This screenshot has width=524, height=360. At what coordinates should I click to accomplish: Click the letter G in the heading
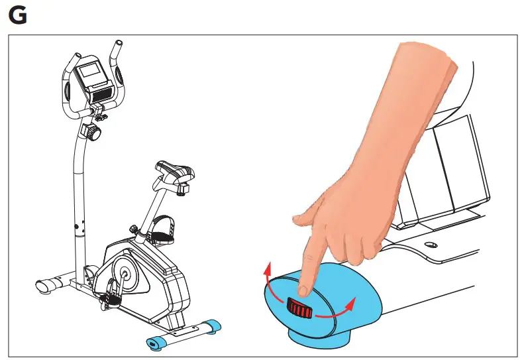coord(18,15)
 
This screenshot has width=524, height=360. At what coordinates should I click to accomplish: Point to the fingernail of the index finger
coord(303,289)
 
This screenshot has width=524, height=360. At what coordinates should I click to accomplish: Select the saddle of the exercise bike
coord(173,173)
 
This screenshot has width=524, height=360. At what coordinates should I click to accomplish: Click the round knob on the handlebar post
coord(95,134)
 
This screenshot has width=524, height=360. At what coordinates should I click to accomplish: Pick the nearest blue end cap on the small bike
coord(155,342)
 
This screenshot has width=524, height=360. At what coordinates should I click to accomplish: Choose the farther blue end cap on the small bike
coord(211,326)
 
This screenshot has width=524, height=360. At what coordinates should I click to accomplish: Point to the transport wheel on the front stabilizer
coord(43,285)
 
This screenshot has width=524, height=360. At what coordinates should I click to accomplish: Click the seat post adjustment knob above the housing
coord(136,229)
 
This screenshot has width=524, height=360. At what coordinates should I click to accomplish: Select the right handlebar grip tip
coord(117,47)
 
